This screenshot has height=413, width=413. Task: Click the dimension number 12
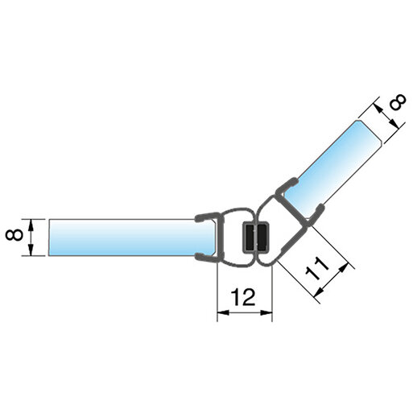click(x=244, y=297)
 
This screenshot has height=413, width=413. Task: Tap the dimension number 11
click(x=317, y=269)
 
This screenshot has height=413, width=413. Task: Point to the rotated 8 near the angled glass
click(x=398, y=101)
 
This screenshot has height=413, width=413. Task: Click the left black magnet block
click(x=250, y=237)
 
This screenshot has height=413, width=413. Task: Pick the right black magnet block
click(x=262, y=237)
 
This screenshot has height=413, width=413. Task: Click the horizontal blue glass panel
click(x=131, y=237)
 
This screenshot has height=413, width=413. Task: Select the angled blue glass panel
click(x=332, y=169)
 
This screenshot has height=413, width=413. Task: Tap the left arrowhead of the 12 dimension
click(x=223, y=312)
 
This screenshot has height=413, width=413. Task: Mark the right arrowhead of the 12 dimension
click(x=266, y=312)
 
